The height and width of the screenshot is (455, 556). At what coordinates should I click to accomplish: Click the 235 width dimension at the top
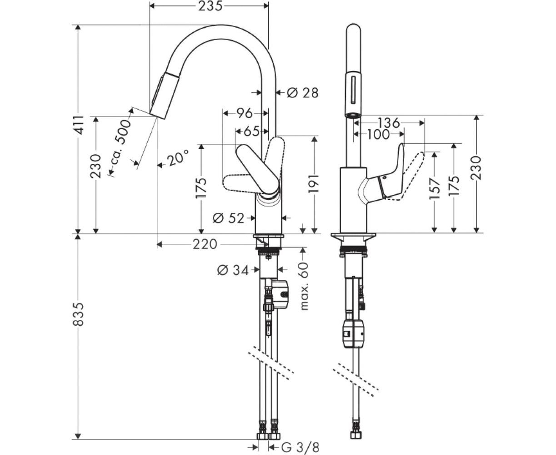pyautogui.click(x=209, y=6)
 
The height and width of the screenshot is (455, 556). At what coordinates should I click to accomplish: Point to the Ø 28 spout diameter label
pyautogui.click(x=302, y=93)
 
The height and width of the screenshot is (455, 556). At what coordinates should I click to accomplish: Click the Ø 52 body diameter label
pyautogui.click(x=229, y=218)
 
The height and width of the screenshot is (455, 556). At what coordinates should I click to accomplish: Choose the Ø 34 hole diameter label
pyautogui.click(x=233, y=271)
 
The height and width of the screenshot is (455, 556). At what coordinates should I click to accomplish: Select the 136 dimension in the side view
pyautogui.click(x=389, y=122)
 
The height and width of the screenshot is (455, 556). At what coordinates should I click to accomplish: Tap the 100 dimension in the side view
pyautogui.click(x=379, y=134)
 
